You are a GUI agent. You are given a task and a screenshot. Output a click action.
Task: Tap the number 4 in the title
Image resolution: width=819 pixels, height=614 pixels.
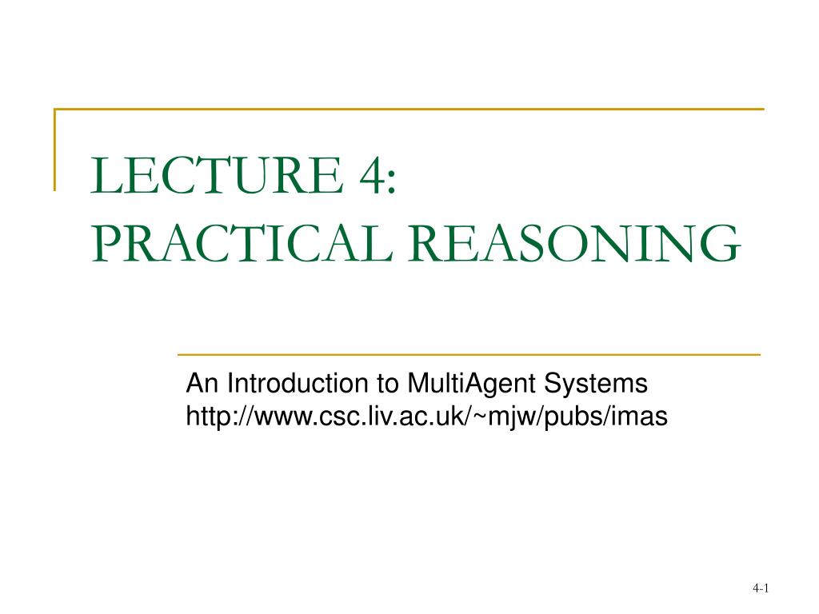(x=370, y=175)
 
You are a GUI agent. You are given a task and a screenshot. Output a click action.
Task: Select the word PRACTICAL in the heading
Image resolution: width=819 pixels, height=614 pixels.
(x=242, y=243)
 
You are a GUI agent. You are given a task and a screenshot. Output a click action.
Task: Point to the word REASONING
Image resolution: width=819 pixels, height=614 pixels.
(x=574, y=243)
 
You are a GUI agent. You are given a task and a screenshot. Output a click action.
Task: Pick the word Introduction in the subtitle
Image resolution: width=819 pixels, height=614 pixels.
(x=298, y=383)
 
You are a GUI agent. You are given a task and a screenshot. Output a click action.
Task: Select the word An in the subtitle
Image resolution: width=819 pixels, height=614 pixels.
(x=202, y=383)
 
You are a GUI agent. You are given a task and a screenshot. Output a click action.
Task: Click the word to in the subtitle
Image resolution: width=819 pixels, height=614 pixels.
(x=388, y=385)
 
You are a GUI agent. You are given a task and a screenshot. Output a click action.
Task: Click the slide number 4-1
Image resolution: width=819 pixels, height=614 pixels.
(x=761, y=588)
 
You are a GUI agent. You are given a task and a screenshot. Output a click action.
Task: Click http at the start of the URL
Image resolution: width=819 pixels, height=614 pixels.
(x=209, y=417)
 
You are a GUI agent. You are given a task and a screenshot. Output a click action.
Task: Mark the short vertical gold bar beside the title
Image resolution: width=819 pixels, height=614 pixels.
(x=54, y=150)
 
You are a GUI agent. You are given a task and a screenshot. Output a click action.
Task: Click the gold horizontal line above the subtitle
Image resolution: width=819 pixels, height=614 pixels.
(x=469, y=354)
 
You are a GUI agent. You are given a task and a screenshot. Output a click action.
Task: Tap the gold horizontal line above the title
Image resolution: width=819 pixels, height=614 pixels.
(x=409, y=109)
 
